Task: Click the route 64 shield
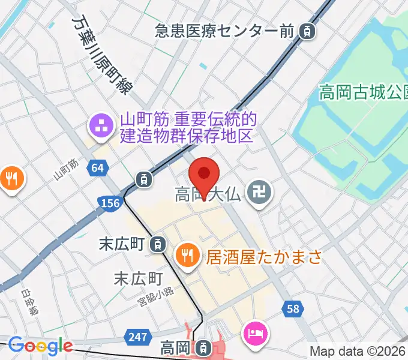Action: coord(97,169)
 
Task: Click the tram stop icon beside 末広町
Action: coord(157,244)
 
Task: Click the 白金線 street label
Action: coord(29,303)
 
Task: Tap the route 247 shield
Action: coord(139,337)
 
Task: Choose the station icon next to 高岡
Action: coord(204,347)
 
